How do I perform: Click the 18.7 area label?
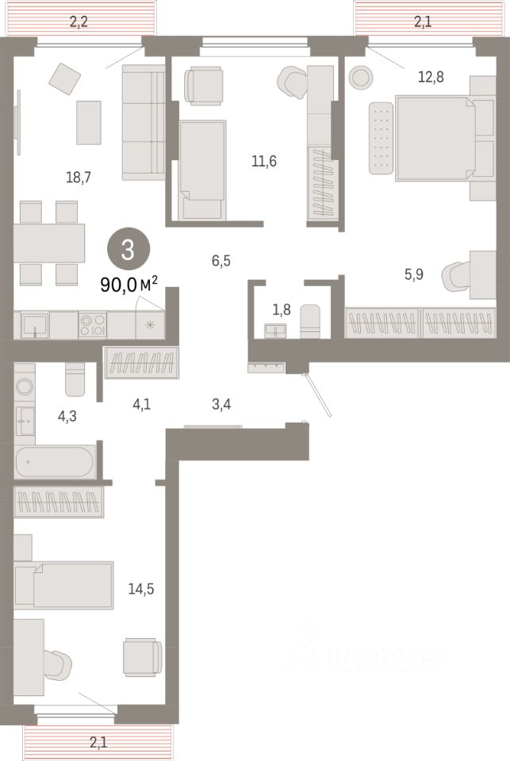click(79, 178)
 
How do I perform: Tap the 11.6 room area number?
click(264, 161)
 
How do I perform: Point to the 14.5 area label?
click(140, 589)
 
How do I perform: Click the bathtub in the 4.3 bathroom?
click(55, 461)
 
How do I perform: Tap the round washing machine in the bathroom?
click(25, 387)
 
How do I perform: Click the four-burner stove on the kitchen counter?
click(92, 324)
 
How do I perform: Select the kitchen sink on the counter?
click(33, 324)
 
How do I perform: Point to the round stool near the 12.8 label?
click(361, 77)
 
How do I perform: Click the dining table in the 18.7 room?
click(49, 243)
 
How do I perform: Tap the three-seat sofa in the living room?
click(143, 123)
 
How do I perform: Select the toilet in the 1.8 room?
click(311, 321)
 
